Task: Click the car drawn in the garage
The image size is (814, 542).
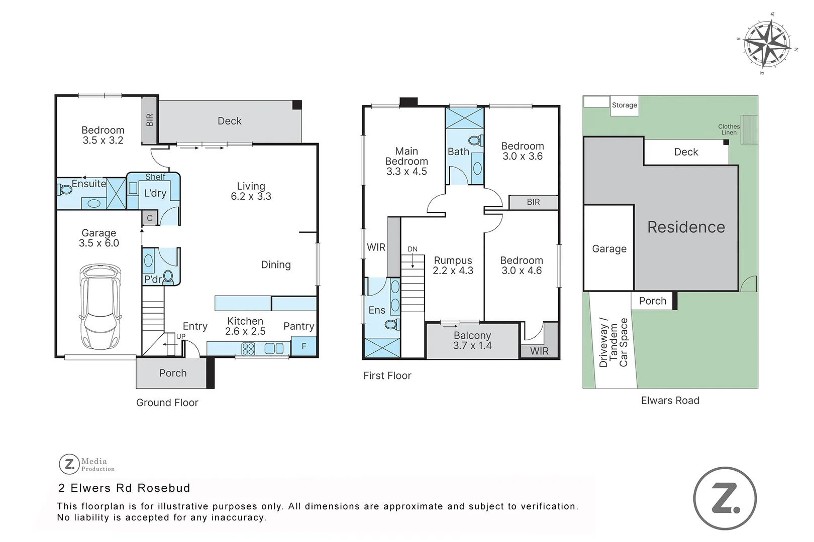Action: (100, 307)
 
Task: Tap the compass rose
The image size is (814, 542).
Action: (767, 44)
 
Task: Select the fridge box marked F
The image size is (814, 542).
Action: (304, 346)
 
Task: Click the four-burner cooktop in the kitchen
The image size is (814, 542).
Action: (248, 349)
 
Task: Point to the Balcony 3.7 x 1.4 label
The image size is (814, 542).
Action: (472, 341)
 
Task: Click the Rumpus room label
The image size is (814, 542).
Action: (453, 265)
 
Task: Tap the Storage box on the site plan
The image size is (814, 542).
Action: (624, 106)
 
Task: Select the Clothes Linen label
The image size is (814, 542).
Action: (729, 129)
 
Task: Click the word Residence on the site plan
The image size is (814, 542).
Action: (686, 227)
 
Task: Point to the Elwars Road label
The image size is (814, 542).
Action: (670, 400)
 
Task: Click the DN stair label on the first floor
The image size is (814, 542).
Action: (413, 249)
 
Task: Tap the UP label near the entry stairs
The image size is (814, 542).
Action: (180, 336)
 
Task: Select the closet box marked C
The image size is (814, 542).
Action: (149, 218)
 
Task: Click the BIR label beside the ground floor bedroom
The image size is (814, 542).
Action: (149, 120)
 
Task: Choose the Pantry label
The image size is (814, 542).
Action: (298, 326)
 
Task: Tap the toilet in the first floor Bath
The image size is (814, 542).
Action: (476, 140)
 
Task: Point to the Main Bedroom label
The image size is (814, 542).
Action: (406, 161)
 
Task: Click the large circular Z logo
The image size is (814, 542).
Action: (725, 498)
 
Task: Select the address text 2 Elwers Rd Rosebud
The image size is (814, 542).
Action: (124, 488)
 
